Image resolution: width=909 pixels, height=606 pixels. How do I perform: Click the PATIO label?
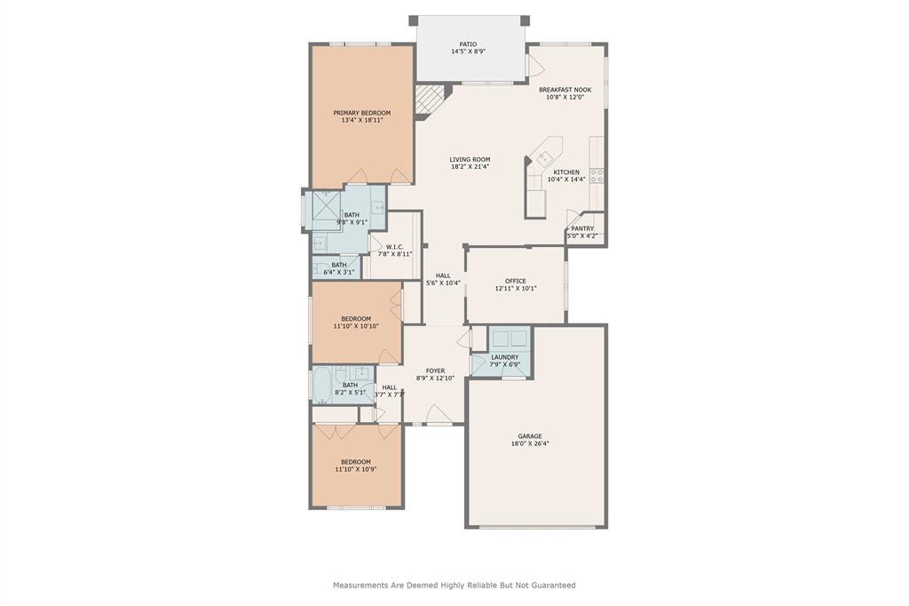coord(468,44)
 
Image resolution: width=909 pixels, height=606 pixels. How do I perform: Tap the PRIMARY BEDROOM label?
coord(362,113)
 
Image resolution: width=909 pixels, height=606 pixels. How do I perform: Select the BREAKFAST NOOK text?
coord(565,90)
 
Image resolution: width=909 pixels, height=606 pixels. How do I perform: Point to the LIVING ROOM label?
coord(470,159)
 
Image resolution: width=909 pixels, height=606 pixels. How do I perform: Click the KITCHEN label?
coord(565,172)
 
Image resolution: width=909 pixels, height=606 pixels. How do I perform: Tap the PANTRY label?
coord(582,228)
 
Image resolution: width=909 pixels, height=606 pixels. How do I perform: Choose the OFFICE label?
coord(516,281)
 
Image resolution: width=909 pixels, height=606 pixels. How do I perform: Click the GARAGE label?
coord(530,436)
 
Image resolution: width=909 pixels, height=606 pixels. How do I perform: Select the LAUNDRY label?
coord(504,357)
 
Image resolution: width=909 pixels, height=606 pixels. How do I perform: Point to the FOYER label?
coord(435,371)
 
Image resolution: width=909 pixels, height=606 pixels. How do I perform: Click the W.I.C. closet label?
coord(395,247)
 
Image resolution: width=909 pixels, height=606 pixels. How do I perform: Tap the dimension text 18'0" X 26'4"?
coord(530,443)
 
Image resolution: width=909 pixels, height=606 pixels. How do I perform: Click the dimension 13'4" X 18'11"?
coord(362,120)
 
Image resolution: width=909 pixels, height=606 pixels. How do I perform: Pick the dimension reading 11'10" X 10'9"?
coord(356,469)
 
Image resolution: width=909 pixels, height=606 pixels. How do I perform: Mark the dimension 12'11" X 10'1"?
coord(516,288)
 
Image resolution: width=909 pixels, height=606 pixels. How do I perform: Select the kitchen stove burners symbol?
coord(597,176)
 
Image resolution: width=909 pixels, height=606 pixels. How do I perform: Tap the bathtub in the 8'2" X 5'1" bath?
coord(321,385)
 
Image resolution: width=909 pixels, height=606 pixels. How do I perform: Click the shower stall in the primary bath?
coord(327,205)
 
